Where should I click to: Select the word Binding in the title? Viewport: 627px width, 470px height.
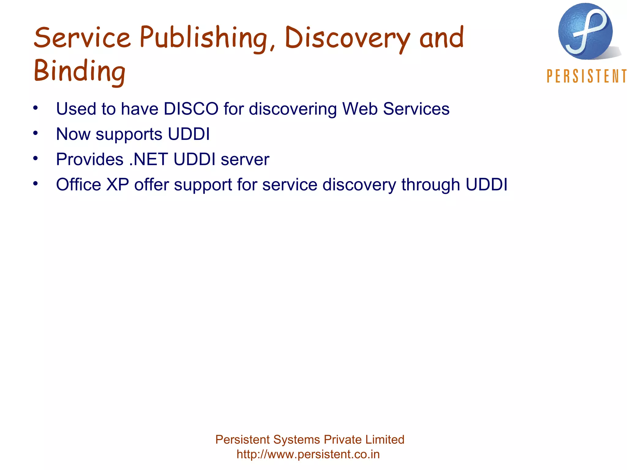(80, 71)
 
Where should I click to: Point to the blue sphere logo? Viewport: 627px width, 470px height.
(585, 31)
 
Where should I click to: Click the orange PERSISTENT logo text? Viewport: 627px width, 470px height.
(586, 76)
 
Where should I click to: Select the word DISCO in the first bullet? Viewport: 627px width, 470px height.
(191, 109)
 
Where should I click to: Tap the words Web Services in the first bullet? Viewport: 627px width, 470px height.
(396, 109)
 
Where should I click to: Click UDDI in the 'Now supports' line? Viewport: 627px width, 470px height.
(189, 134)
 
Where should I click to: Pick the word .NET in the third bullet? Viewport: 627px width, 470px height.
(148, 159)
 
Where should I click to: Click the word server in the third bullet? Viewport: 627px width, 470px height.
(245, 159)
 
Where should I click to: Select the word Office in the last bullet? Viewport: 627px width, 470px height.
(78, 185)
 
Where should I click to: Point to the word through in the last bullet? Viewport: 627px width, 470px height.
(431, 185)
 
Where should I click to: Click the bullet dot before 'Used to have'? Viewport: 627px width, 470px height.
(36, 108)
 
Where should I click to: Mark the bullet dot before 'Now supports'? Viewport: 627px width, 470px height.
(36, 133)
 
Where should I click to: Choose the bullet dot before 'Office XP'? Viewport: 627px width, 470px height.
(36, 184)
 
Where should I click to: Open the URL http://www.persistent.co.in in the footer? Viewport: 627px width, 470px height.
(308, 454)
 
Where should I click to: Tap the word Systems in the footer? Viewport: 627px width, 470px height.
(297, 440)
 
